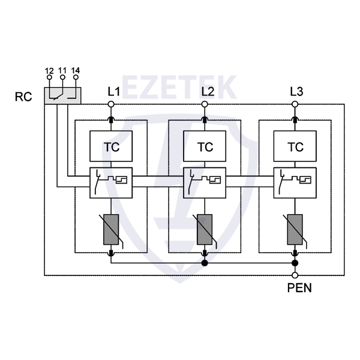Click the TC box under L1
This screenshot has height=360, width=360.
[x=112, y=146]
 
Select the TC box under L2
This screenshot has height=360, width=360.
[x=205, y=146]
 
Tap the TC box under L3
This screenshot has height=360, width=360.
[x=295, y=146]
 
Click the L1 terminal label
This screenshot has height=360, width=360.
[x=113, y=92]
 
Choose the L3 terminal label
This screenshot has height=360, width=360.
[x=296, y=92]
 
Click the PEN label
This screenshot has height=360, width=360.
[x=299, y=287]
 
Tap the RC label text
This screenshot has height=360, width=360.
[x=23, y=96]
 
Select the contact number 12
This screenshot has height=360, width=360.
[x=49, y=71]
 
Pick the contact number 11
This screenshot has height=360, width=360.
[x=62, y=71]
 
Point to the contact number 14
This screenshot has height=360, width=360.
[x=75, y=71]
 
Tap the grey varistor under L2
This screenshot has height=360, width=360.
[x=205, y=229]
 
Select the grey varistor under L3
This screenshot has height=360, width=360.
[x=295, y=229]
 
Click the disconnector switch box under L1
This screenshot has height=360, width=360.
[x=112, y=182]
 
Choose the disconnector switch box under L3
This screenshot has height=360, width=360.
[x=295, y=182]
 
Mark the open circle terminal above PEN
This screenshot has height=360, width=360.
[x=295, y=275]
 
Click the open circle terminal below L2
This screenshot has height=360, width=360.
[x=205, y=104]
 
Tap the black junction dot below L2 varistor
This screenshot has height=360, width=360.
[x=205, y=263]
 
